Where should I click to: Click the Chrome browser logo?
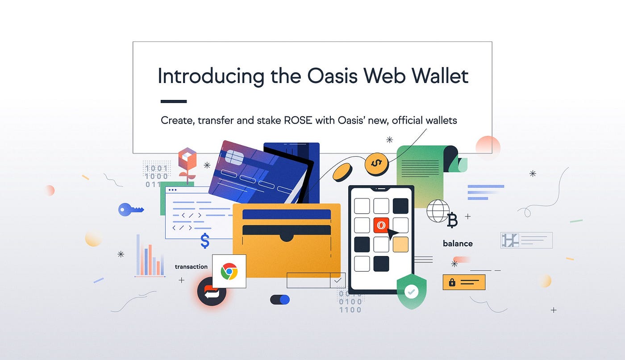tap(229, 271)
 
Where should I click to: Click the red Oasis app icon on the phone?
tap(381, 225)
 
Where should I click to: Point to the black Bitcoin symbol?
tap(452, 220)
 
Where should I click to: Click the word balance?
tap(458, 244)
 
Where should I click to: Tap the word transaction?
tap(191, 267)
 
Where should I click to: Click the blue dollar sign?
tap(205, 241)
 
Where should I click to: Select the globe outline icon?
tap(438, 211)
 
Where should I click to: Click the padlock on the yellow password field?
tap(452, 282)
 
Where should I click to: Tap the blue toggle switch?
tap(280, 299)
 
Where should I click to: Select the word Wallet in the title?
tap(440, 76)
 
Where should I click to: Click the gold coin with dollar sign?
tap(376, 164)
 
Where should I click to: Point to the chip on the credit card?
tap(235, 157)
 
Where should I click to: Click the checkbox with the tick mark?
tap(337, 281)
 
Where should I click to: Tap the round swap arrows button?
tap(211, 292)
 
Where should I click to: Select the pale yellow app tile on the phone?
tap(400, 244)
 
